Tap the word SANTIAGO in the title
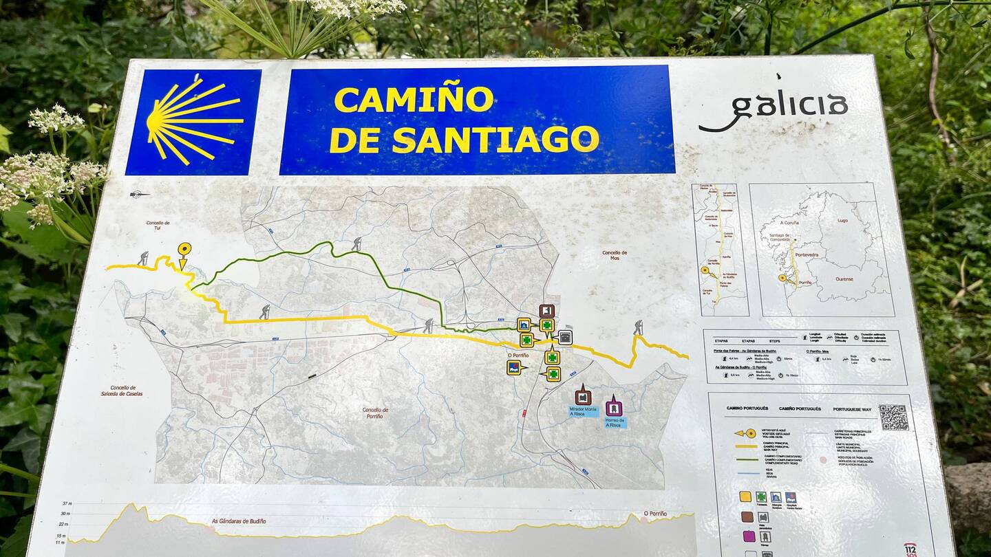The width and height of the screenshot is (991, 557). click(495, 140)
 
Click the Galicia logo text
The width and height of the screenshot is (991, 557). click(774, 110)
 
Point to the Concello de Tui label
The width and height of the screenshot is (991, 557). click(158, 226)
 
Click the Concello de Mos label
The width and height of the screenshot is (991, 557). click(614, 256)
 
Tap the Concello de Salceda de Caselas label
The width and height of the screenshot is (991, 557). click(122, 391)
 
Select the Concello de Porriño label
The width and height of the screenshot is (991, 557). click(375, 413)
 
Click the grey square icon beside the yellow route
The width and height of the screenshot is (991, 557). click(565, 337)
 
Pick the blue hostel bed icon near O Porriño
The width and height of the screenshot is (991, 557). click(514, 368)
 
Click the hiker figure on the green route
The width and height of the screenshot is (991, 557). click(356, 243)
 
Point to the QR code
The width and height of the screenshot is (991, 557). click(893, 417)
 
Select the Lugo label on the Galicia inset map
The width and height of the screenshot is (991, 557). click(842, 221)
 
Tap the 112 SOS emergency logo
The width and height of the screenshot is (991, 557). click(910, 549)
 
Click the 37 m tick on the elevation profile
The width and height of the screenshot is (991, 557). click(67, 504)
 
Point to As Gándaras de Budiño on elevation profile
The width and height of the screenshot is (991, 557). click(238, 521)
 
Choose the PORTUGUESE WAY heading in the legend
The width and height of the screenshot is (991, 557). click(852, 409)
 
